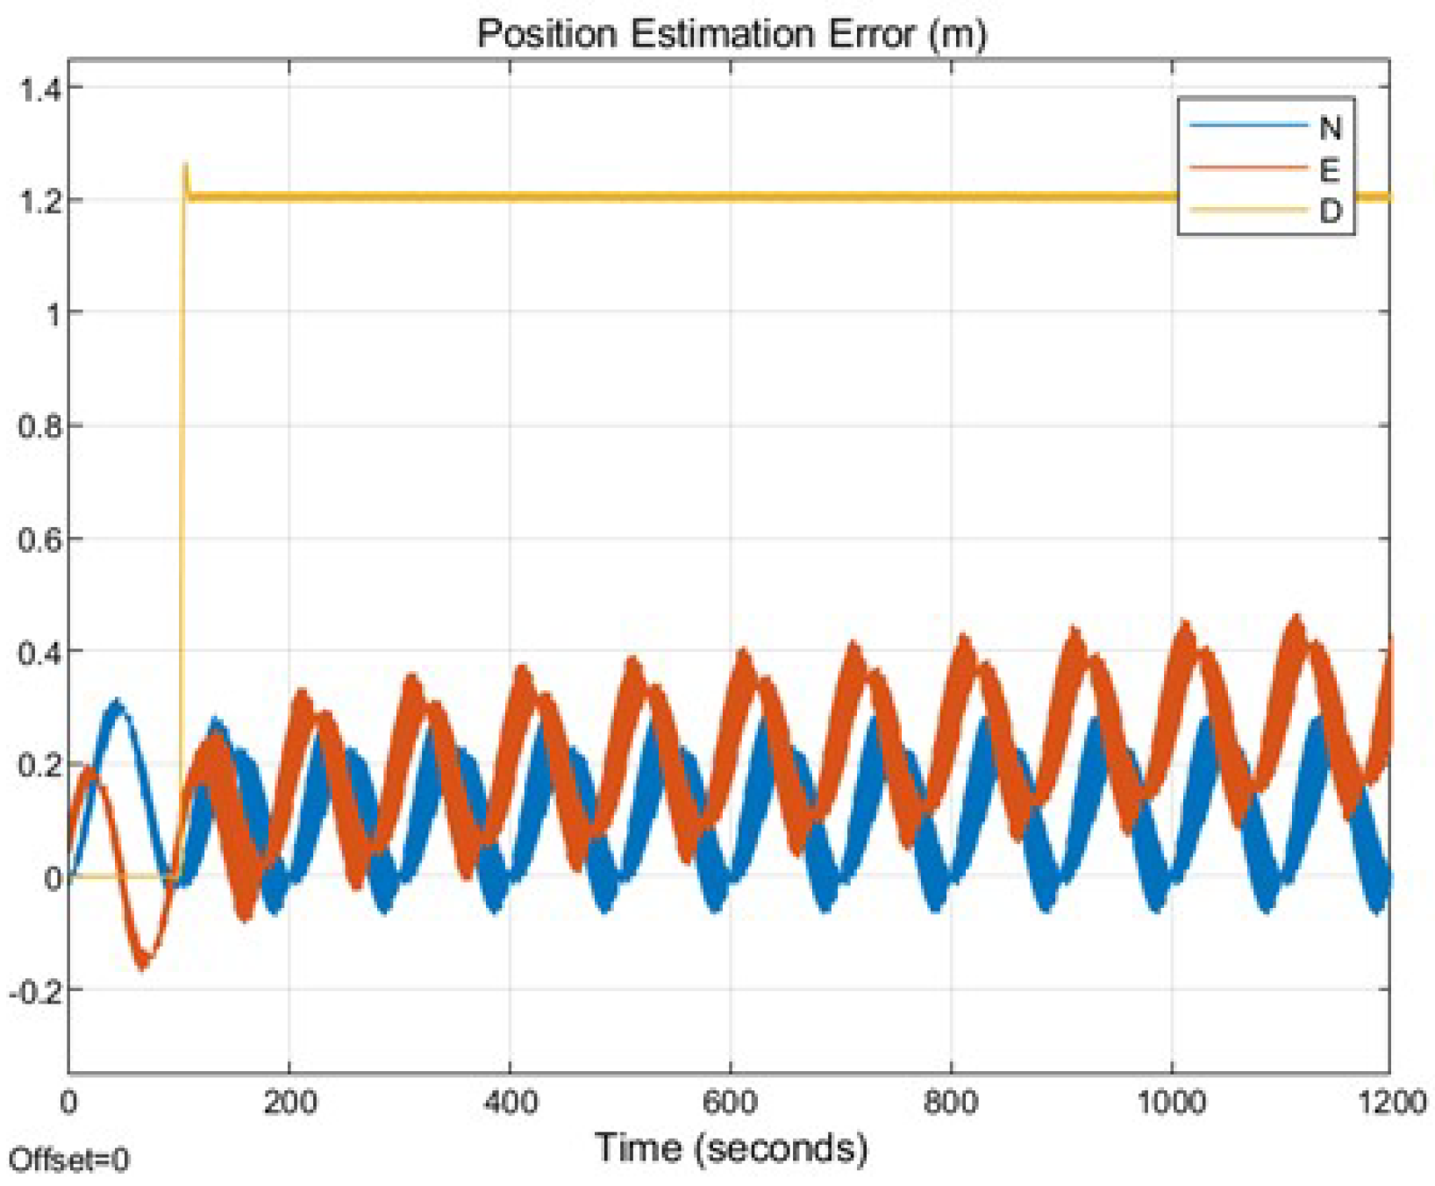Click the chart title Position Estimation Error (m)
point(732,33)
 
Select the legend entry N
point(1330,128)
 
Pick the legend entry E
point(1329,169)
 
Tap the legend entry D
point(1330,211)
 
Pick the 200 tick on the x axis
point(289,1102)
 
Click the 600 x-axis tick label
point(731,1102)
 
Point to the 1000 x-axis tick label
point(1171,1102)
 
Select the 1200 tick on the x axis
point(1391,1102)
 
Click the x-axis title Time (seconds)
point(731,1147)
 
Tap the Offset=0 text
point(68,1160)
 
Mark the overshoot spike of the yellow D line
point(185,167)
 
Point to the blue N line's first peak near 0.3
point(117,704)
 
